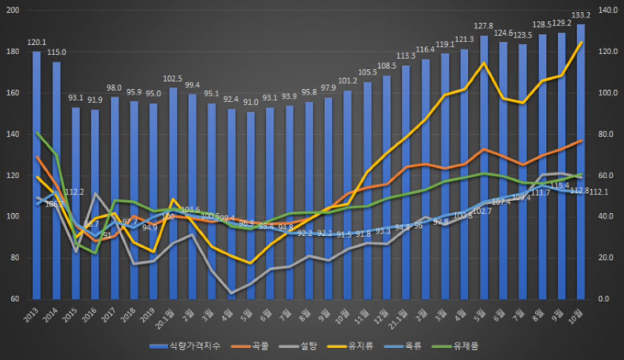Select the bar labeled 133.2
click(x=581, y=162)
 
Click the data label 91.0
click(x=250, y=102)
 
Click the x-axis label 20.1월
click(x=170, y=315)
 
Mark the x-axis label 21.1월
click(x=403, y=315)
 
